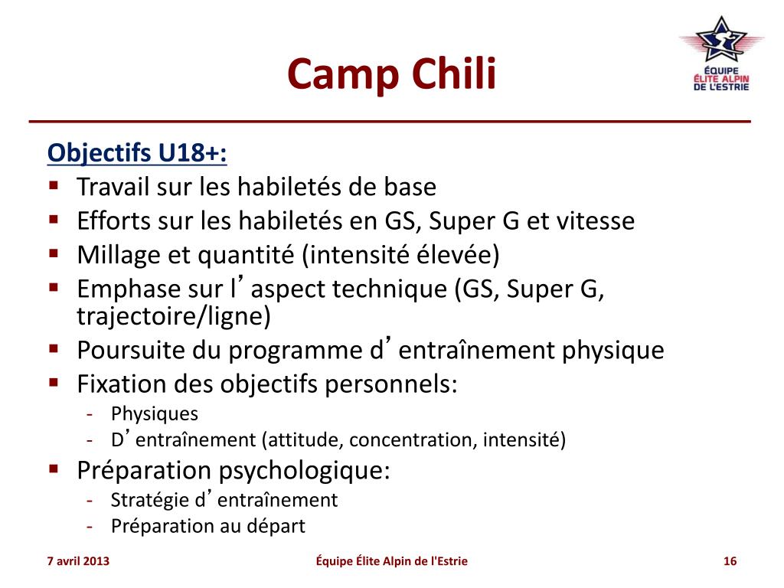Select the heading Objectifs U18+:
coord(137,153)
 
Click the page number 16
coord(730,561)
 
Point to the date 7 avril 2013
coord(78,561)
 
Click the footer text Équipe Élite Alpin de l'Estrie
coord(391,561)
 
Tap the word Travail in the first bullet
coord(113,187)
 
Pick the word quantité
coord(246,256)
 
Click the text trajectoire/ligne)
coord(174,316)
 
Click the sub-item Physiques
coord(155,414)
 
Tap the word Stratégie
coord(150,501)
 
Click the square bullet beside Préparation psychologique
coord(54,469)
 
